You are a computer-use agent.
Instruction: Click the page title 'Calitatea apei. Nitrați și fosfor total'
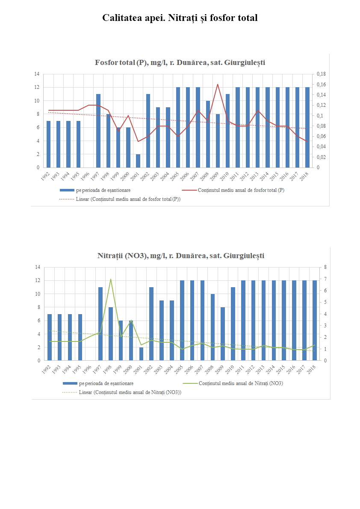[180, 18]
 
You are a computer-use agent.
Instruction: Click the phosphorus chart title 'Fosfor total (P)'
[180, 62]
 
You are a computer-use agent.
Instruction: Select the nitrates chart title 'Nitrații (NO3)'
[180, 256]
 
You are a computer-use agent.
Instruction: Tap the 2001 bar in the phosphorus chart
[138, 161]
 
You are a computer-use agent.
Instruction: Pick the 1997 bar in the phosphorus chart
[98, 131]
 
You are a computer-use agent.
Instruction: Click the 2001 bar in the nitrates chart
[142, 354]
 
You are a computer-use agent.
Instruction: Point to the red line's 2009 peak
[218, 84]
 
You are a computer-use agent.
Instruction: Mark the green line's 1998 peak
[111, 280]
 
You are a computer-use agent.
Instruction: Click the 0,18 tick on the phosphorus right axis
[321, 74]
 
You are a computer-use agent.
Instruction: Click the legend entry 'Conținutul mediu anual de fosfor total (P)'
[241, 190]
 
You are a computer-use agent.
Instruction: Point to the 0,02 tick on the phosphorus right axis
[321, 157]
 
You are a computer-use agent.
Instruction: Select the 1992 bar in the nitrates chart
[50, 337]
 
